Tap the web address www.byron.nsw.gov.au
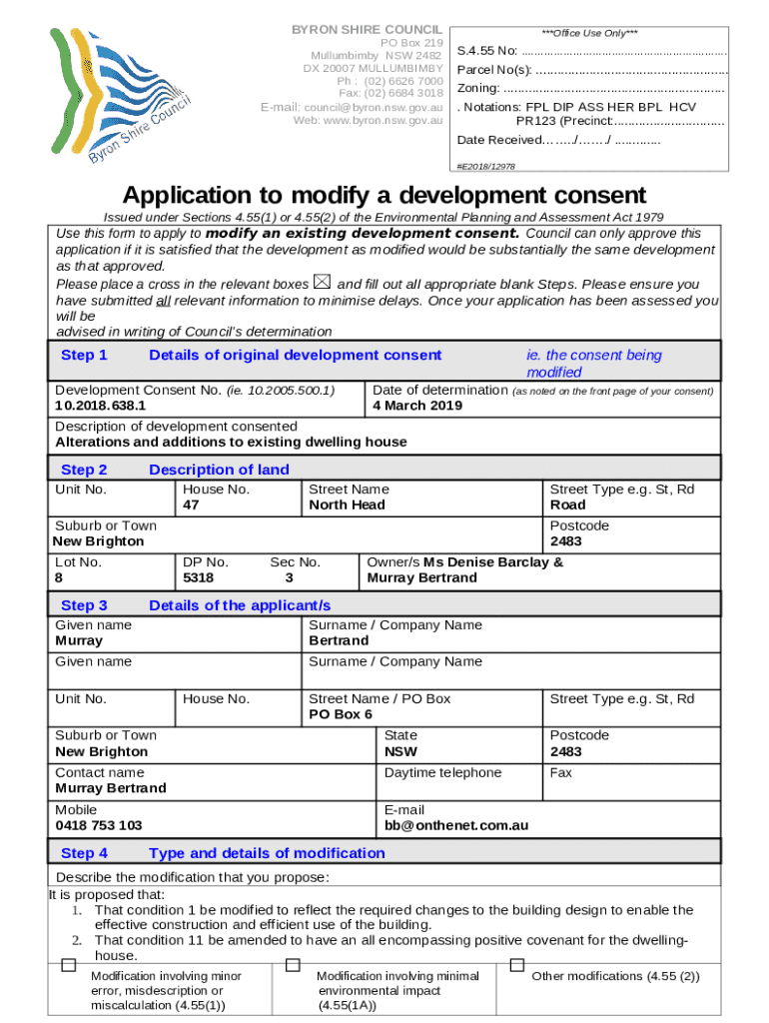click(x=369, y=121)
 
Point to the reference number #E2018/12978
click(x=485, y=166)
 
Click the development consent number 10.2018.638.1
click(x=100, y=407)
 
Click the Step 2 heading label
click(x=84, y=470)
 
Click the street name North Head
click(x=347, y=506)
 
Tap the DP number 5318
click(x=198, y=577)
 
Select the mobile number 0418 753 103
click(x=98, y=826)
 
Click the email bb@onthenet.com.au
click(x=456, y=826)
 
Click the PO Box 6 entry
click(x=341, y=715)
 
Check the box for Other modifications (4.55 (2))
click(x=517, y=965)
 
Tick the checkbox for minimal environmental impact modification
click(x=293, y=965)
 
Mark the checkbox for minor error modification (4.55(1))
click(x=68, y=965)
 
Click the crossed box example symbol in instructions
click(x=322, y=284)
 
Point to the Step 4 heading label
click(x=84, y=853)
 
